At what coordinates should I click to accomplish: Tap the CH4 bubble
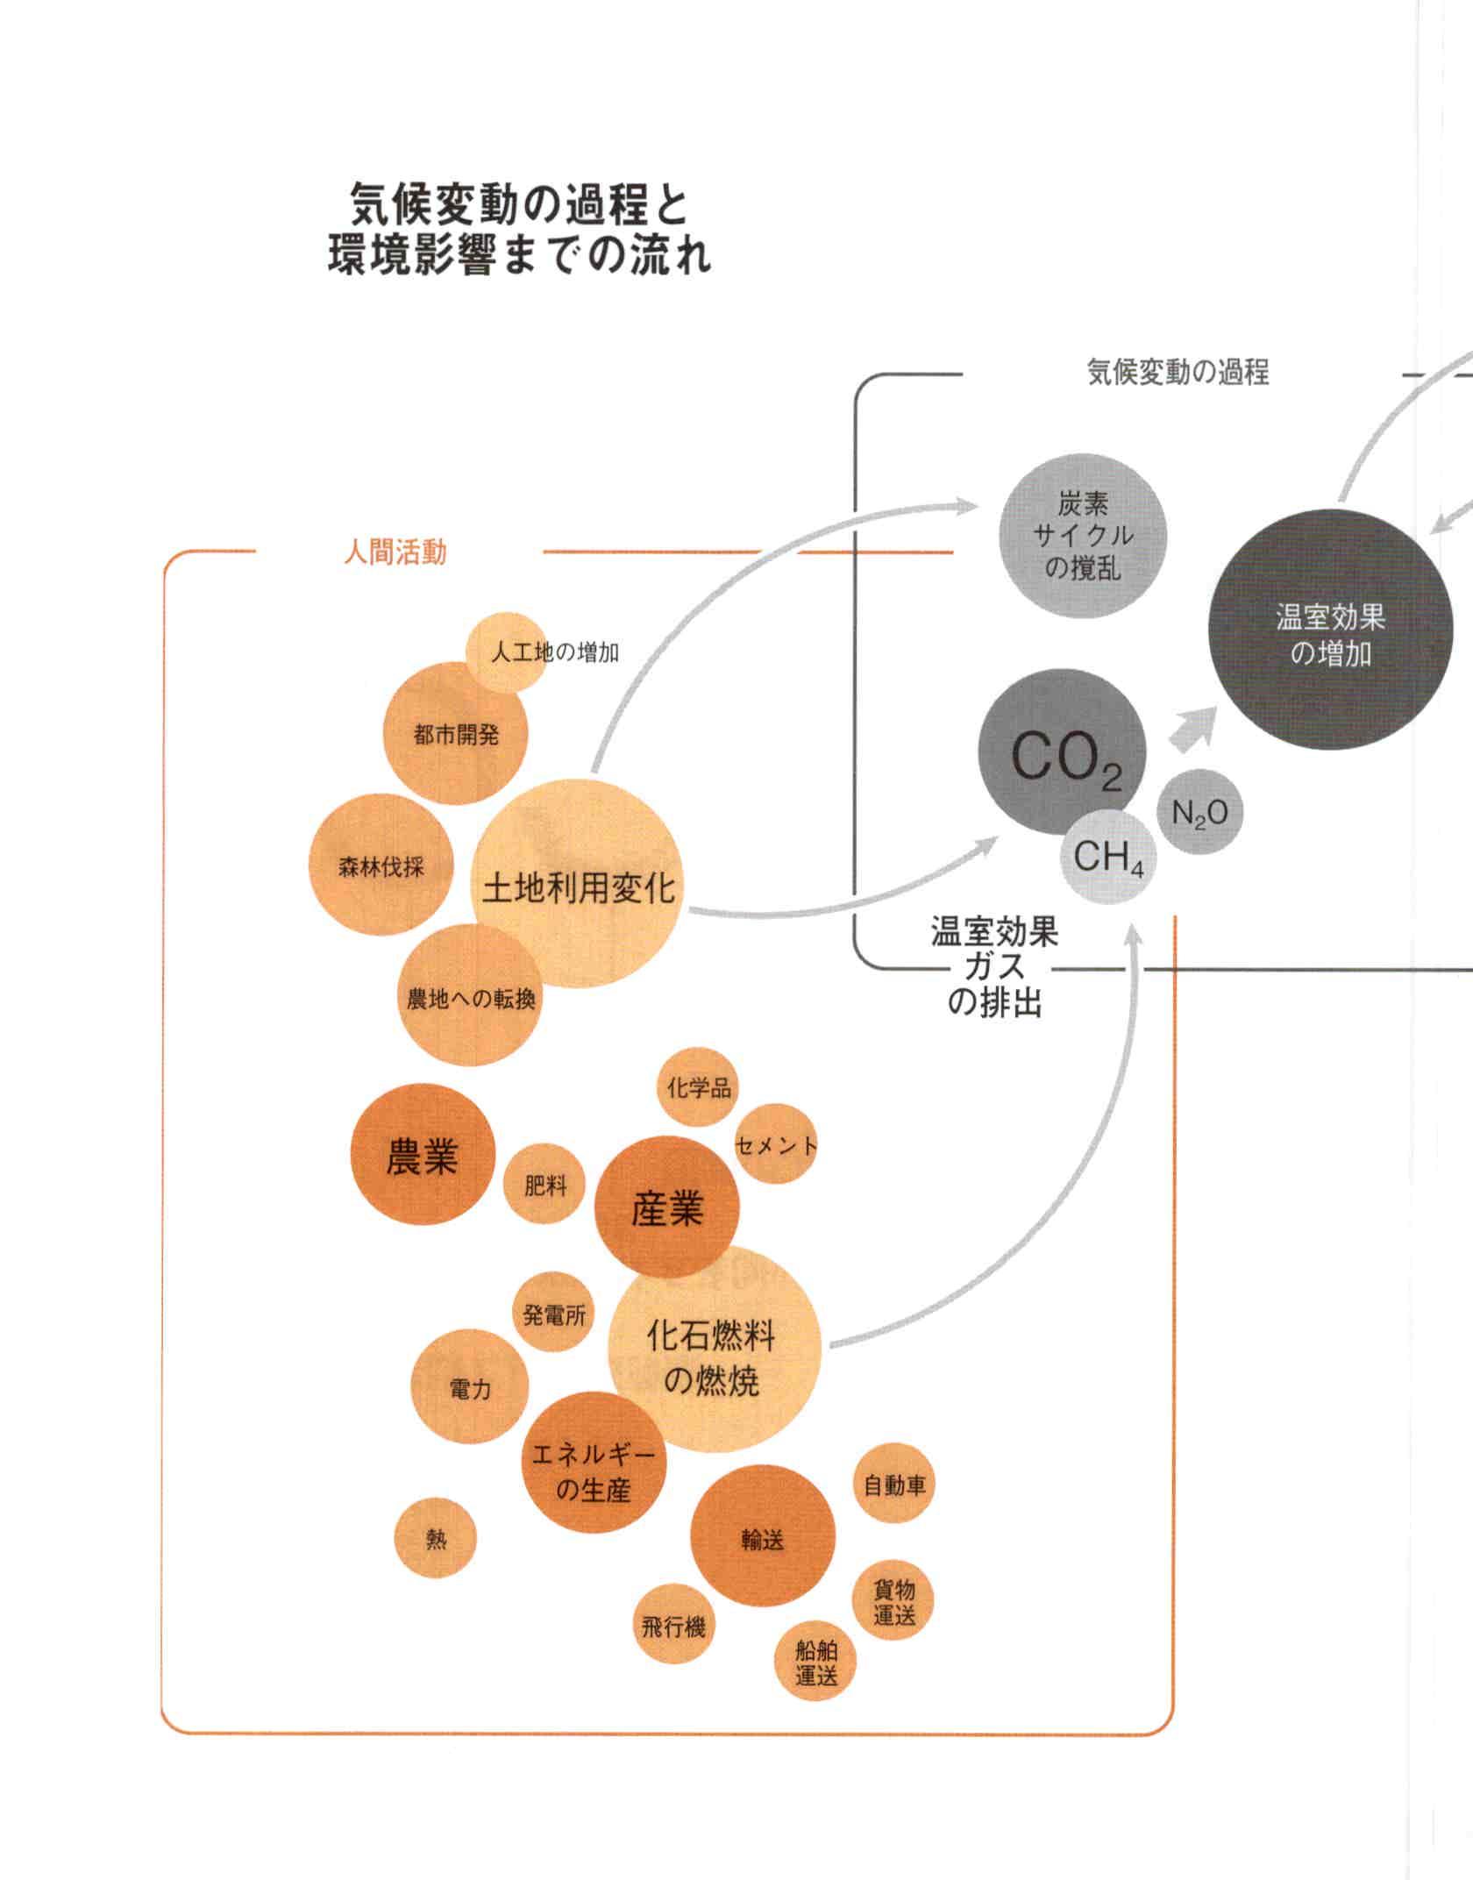point(1108,856)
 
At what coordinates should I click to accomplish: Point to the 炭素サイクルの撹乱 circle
point(1083,535)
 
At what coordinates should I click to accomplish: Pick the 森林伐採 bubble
point(381,867)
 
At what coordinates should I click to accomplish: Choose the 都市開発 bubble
point(456,734)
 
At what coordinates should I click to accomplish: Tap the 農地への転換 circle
point(470,999)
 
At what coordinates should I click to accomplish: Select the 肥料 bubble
point(545,1186)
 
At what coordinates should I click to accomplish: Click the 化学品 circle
point(698,1088)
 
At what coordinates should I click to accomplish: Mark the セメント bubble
point(775,1144)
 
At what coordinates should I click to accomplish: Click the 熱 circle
point(436,1539)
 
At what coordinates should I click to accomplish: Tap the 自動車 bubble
point(894,1485)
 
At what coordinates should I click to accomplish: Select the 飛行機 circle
point(673,1627)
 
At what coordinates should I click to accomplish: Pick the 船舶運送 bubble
point(815,1663)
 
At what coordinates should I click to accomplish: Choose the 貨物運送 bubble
point(893,1603)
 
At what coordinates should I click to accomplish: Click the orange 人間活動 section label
point(395,552)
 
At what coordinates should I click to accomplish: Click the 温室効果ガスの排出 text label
point(994,968)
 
